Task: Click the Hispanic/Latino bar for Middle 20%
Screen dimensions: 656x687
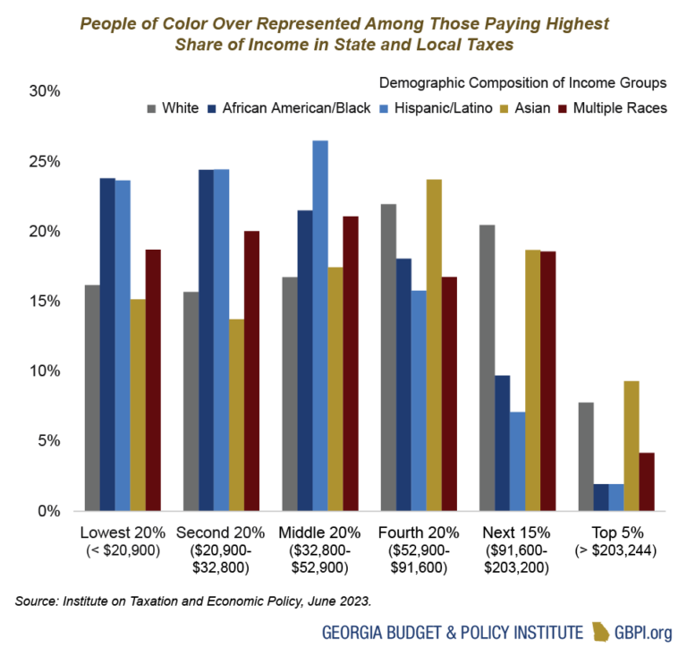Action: click(x=320, y=326)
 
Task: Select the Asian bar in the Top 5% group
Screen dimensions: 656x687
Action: click(x=606, y=446)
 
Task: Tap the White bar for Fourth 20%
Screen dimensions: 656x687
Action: click(x=388, y=357)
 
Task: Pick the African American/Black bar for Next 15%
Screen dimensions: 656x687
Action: click(x=503, y=443)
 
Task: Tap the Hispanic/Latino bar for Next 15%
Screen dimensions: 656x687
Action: click(x=518, y=461)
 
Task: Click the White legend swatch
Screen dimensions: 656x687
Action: click(x=152, y=108)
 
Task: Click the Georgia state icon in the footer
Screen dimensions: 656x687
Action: click(x=600, y=632)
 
